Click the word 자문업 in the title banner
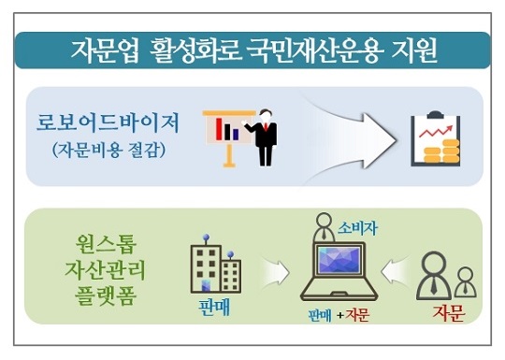pyautogui.click(x=106, y=50)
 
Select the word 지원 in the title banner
pyautogui.click(x=414, y=50)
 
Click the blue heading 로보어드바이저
pyautogui.click(x=108, y=123)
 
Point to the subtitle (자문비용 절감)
pyautogui.click(x=108, y=150)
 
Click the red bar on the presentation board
pyautogui.click(x=220, y=129)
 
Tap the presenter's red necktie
pyautogui.click(x=266, y=126)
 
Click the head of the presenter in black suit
pyautogui.click(x=266, y=116)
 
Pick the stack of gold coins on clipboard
pyautogui.click(x=441, y=151)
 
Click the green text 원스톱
pyautogui.click(x=106, y=245)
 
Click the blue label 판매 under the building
pyautogui.click(x=214, y=308)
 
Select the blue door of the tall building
pyautogui.click(x=206, y=285)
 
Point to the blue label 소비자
pyautogui.click(x=357, y=228)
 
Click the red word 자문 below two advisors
pyautogui.click(x=448, y=312)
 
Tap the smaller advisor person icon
pyautogui.click(x=465, y=282)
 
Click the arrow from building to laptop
pyautogui.click(x=276, y=272)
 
